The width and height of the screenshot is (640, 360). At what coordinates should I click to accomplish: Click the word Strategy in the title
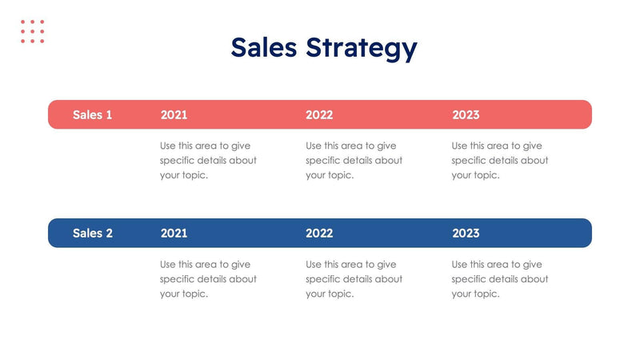point(361,50)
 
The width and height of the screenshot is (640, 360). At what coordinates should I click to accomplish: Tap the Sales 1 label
point(93,114)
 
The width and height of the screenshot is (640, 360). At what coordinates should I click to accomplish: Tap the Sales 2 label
point(93,233)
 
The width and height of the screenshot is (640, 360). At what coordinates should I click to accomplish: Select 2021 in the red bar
point(174,114)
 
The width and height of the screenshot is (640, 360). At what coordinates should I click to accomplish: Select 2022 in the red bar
point(319,114)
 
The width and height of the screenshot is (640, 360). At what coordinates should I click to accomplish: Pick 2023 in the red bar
point(466,114)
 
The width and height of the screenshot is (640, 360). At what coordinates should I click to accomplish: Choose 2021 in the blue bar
point(174,233)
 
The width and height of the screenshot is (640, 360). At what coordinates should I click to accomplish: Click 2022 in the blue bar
point(319,233)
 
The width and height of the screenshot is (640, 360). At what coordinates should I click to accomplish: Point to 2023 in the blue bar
point(466,233)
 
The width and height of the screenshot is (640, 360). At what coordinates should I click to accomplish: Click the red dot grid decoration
point(33,31)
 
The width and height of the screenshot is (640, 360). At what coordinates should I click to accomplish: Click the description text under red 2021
point(208,160)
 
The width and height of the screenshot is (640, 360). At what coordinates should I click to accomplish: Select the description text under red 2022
point(354,160)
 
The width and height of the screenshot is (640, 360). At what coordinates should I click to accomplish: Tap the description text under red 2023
point(500,160)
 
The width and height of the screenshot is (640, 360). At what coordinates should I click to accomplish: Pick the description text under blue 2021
point(208,278)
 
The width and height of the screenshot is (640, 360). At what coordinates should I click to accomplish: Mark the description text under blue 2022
point(354,278)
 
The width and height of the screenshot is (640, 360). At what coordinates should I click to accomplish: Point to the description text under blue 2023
point(500,278)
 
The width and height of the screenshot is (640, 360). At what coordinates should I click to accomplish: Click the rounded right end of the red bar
point(586,114)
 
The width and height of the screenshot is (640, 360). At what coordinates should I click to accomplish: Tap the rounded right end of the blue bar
point(586,233)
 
